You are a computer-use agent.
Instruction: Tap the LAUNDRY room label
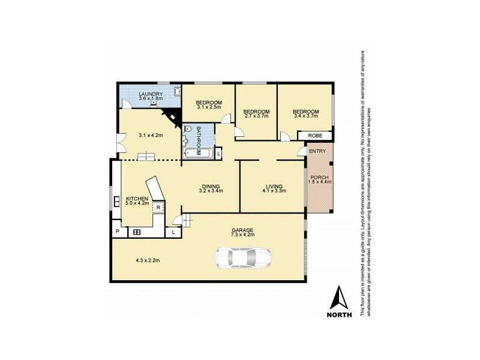pos(150,95)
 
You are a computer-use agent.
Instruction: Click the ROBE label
pos(315,136)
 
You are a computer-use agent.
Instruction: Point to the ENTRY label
pos(317,151)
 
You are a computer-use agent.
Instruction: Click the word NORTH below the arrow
pos(340,315)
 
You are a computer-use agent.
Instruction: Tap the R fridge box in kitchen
pos(158,208)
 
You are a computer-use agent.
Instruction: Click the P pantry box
pos(117,232)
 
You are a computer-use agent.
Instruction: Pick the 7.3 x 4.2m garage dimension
pos(244,235)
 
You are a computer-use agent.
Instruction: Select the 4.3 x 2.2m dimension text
pos(148,260)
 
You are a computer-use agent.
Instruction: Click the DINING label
pos(211,186)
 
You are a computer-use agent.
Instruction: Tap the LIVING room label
pos(274,186)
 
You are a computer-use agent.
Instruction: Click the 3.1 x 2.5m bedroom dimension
pos(209,107)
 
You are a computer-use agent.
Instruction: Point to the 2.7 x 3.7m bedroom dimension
pos(256,116)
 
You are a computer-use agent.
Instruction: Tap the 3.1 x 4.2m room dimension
pos(151,136)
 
